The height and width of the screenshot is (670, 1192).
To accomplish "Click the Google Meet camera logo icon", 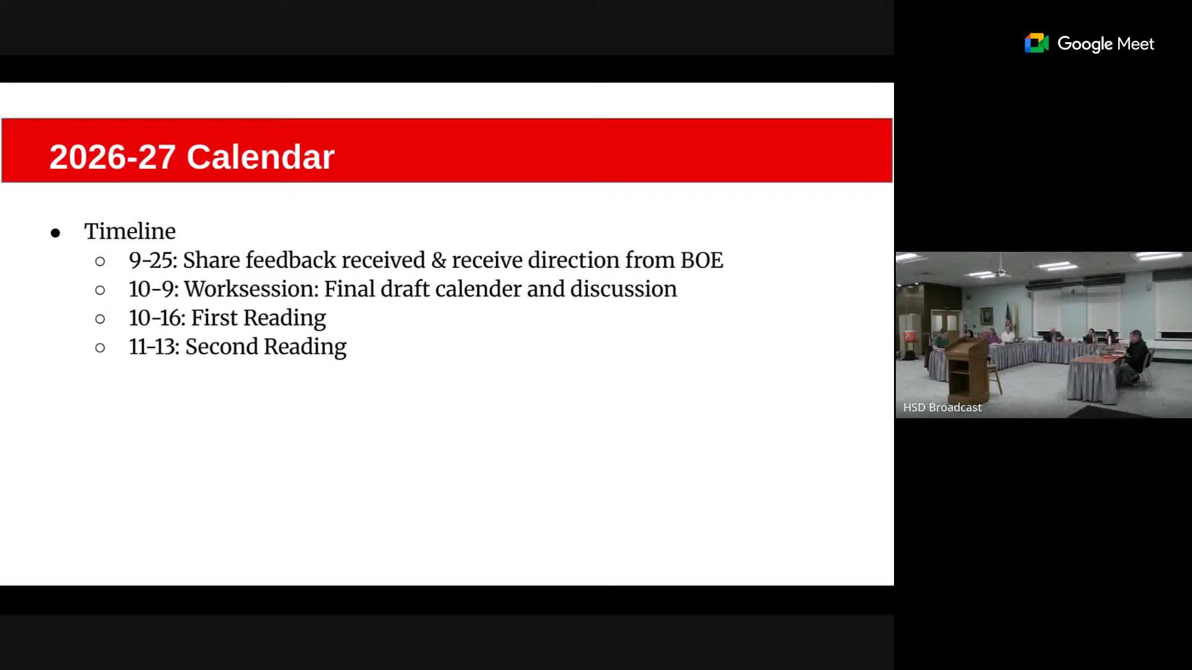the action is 1036,43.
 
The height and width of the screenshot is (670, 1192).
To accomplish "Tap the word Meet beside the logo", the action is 1136,43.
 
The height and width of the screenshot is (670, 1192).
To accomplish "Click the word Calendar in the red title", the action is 260,156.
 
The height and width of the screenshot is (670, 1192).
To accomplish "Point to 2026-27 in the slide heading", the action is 112,156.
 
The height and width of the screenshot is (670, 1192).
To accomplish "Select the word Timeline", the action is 130,231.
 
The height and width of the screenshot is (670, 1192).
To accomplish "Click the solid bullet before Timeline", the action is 56,233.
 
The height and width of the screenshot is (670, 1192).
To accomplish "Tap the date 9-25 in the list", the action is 153,260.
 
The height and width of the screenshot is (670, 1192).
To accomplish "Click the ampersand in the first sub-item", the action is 439,260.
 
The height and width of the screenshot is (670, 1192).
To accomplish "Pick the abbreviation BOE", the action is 702,260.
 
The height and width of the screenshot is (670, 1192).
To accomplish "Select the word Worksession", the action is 251,289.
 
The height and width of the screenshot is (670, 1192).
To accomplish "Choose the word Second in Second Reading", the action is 222,346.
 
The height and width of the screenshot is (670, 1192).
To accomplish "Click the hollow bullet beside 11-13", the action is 100,348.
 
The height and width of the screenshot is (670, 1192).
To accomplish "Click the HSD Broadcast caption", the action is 942,408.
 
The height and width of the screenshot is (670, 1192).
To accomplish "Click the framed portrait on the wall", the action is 986,316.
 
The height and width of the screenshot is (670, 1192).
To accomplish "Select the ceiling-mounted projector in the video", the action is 1001,272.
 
